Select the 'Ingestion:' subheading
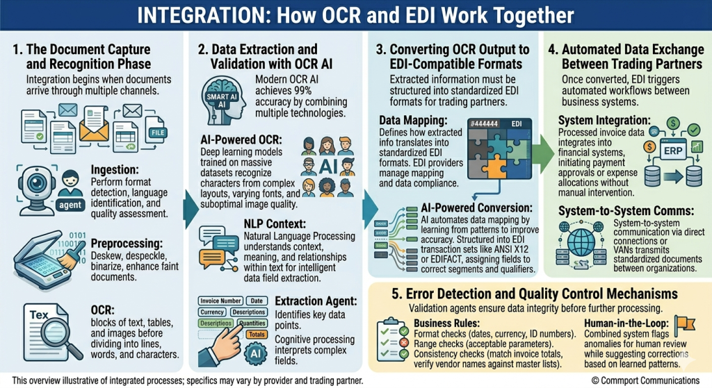pos(114,169)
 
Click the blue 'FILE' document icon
pos(156,129)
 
